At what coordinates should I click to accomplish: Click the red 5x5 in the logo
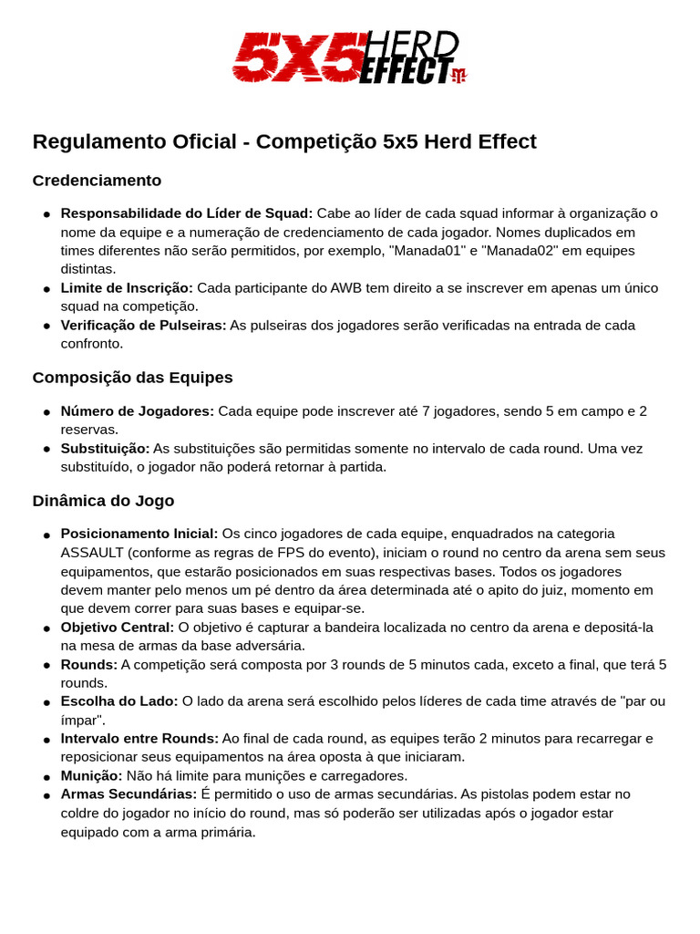coord(295,58)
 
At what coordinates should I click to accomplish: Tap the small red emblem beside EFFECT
coord(458,75)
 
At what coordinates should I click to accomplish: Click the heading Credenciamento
coord(97,181)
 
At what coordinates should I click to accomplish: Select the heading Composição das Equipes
coord(132,378)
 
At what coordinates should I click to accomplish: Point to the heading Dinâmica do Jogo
coord(103,501)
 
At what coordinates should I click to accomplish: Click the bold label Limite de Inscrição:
coord(127,288)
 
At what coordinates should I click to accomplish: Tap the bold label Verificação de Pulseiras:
coord(143,326)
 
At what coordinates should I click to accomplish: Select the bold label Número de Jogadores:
coord(137,411)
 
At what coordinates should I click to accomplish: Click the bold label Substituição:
coord(105,449)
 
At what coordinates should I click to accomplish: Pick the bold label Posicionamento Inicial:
coord(139,534)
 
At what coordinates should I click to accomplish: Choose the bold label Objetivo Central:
coord(117,628)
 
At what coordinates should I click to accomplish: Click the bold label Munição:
coord(91,776)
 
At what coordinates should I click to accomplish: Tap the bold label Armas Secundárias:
coord(129,794)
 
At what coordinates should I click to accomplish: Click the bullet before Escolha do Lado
coord(46,702)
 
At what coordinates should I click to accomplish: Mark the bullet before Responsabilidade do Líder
coord(46,214)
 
